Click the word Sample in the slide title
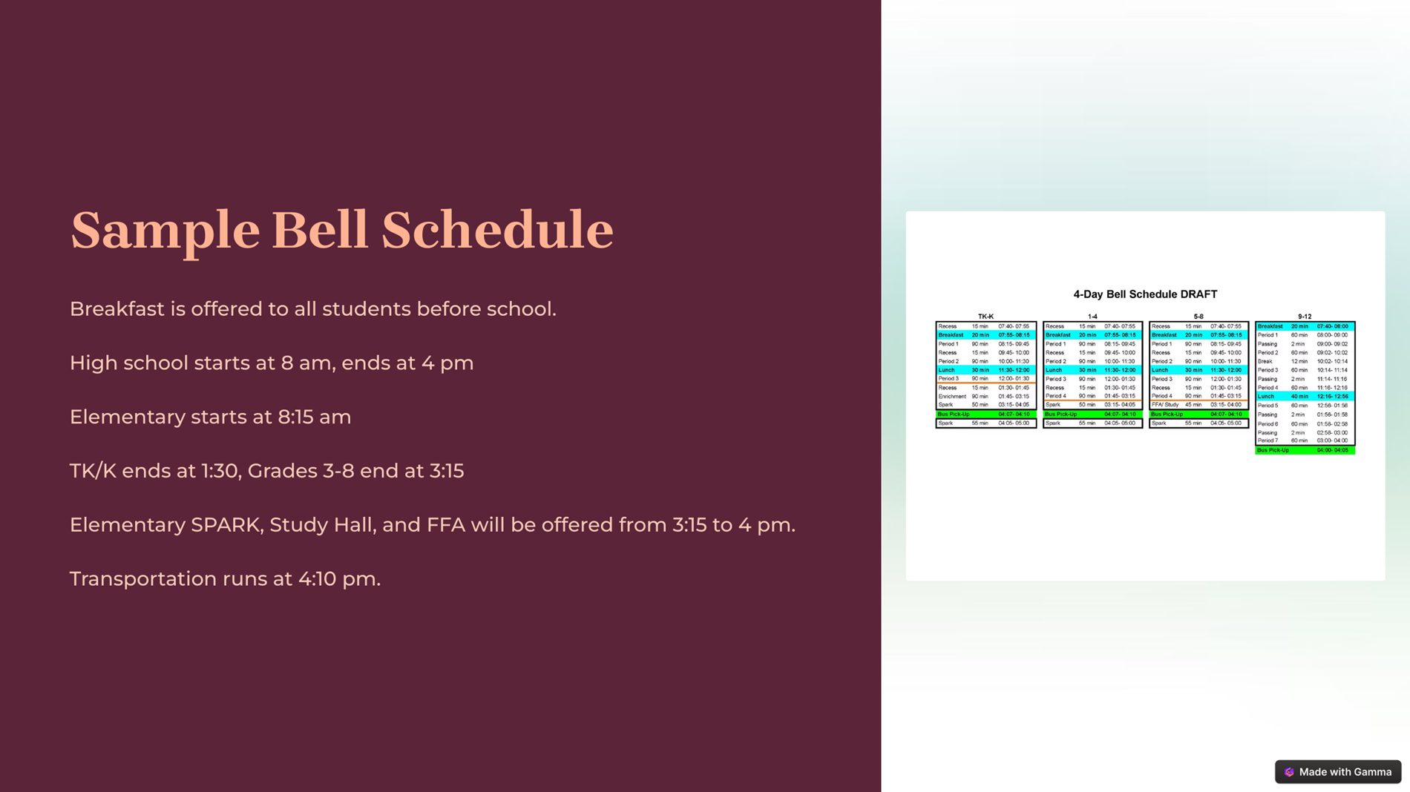click(165, 231)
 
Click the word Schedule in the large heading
click(497, 231)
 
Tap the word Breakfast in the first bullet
click(117, 308)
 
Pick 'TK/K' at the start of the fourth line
click(93, 471)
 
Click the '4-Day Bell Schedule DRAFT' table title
click(1145, 294)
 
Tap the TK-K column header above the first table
click(986, 317)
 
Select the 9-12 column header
click(1305, 317)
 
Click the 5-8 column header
click(1198, 317)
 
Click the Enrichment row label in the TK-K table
click(952, 396)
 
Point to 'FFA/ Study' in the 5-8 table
click(1165, 405)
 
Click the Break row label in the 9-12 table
click(1265, 361)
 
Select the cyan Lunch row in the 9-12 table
click(1305, 397)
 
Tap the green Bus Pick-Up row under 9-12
click(1305, 450)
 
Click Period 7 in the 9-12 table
click(1268, 440)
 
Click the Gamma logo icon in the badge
click(1289, 772)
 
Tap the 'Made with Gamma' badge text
click(1345, 772)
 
